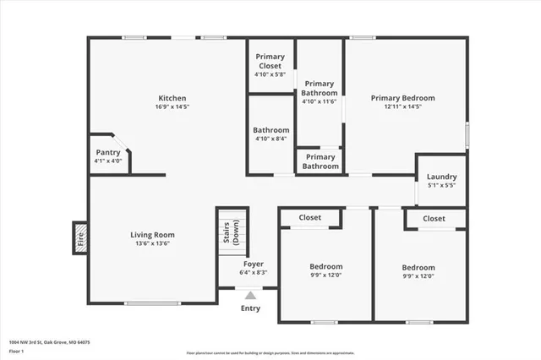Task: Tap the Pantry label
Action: tap(108, 152)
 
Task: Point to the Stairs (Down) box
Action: tap(230, 232)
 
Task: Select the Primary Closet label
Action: tap(270, 61)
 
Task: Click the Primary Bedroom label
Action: tap(403, 98)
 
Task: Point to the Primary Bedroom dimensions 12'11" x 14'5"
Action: tap(403, 107)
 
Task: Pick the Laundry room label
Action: tap(441, 176)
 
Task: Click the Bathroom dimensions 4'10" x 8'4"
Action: tap(270, 139)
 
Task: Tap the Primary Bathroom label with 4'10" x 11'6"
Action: tap(320, 88)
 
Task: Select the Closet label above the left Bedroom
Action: tap(310, 217)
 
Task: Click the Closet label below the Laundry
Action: tap(434, 218)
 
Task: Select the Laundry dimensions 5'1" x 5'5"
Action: tap(441, 185)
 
